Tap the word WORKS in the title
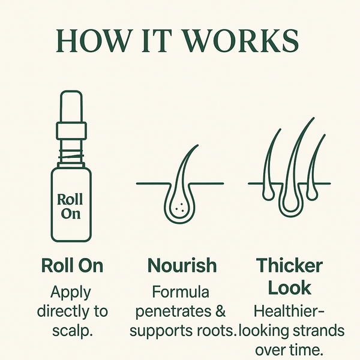[242, 41]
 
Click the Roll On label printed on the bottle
[70, 206]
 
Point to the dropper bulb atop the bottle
[71, 106]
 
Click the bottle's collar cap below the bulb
[71, 131]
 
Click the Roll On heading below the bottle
[73, 265]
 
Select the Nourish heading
[182, 265]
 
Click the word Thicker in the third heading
[289, 265]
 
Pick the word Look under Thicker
[289, 287]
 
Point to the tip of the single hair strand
[197, 145]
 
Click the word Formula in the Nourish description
[181, 292]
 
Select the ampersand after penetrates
[220, 311]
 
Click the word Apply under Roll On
[71, 293]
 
